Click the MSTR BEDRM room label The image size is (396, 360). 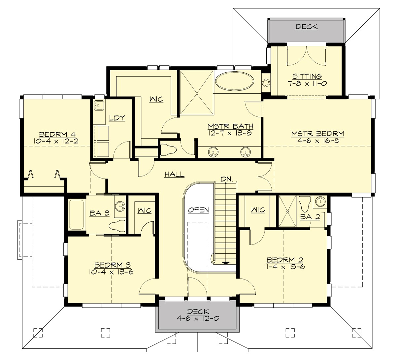[x=317, y=134]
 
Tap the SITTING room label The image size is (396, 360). [x=307, y=77]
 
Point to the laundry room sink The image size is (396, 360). [x=98, y=105]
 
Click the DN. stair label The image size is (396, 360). [x=227, y=179]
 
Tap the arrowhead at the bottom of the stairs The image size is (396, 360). [x=225, y=263]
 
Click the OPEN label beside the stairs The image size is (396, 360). [x=198, y=210]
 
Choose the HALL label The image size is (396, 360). [x=174, y=175]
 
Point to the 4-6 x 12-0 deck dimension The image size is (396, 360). [x=198, y=319]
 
